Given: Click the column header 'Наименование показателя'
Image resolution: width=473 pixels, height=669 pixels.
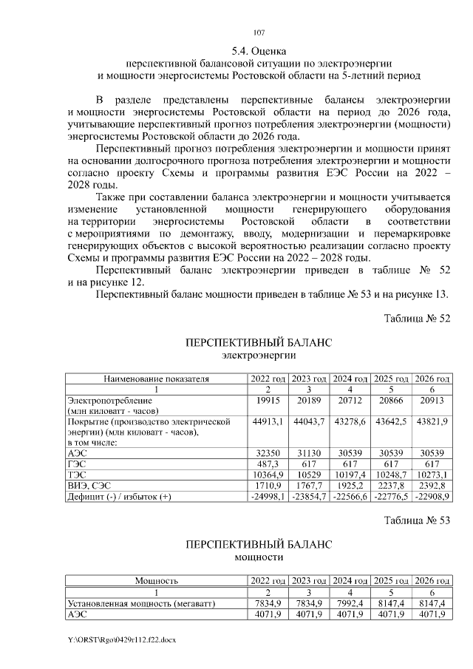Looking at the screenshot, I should pos(157,379).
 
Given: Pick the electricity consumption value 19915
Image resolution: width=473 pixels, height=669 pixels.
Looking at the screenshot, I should pos(268,400).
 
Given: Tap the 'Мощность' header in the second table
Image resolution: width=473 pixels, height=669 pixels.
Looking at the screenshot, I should pos(157,580).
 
